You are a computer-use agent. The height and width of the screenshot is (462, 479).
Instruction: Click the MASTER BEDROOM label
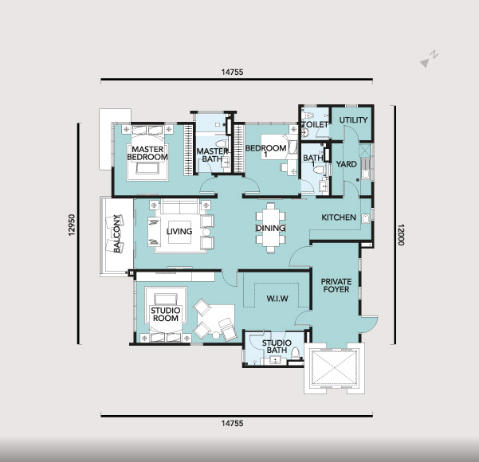coord(147,153)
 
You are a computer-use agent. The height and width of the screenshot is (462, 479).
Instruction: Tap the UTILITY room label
coord(353,120)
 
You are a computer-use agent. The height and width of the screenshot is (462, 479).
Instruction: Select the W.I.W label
coord(277,299)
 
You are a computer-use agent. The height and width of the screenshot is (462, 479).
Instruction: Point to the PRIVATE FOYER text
coord(336,285)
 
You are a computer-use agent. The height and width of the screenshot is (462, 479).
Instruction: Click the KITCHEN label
coord(339,217)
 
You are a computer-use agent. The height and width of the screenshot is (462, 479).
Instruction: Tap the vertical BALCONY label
coord(116,234)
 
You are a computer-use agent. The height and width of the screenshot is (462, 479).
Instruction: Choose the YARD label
coord(347,164)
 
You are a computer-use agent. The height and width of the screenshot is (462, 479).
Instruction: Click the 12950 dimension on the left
coord(72,225)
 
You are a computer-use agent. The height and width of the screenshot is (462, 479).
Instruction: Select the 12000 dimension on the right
coord(401,235)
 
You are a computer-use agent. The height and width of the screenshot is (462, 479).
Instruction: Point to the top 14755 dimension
coord(232,72)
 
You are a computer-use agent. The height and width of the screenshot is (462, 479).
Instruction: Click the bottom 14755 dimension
coord(232,423)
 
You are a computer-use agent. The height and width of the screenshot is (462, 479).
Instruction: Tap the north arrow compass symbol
coord(429,59)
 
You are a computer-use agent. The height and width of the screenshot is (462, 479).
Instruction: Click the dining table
coord(270,228)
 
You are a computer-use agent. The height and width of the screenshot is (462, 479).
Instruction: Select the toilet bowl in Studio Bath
coord(296,354)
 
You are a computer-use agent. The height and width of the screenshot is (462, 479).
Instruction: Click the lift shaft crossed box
coord(334,368)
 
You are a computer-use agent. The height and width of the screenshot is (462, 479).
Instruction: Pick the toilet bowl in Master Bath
coord(222,143)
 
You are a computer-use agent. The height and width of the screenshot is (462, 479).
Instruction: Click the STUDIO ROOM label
coord(166,314)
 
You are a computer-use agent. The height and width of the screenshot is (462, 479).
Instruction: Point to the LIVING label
coord(179,232)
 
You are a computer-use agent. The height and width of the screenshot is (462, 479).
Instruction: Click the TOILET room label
coord(315,124)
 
